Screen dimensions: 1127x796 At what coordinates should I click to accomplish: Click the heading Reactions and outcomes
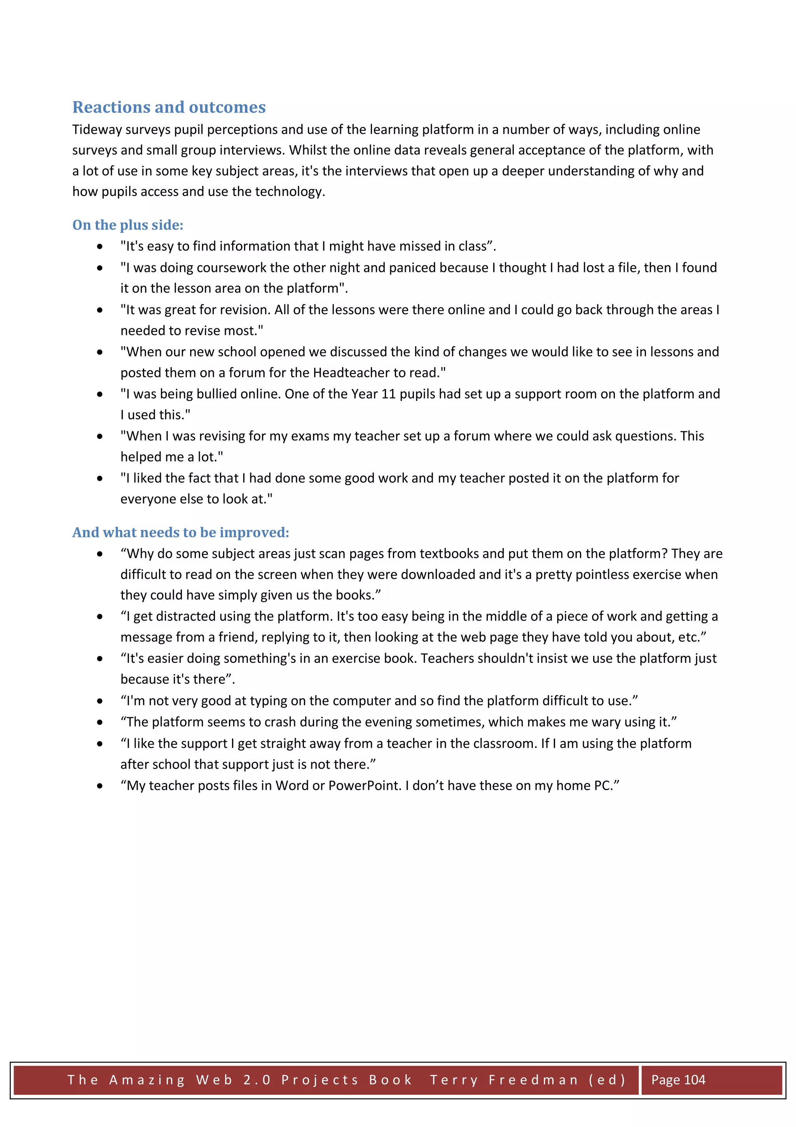pyautogui.click(x=169, y=107)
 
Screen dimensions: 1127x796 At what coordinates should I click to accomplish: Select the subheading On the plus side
pyautogui.click(x=127, y=225)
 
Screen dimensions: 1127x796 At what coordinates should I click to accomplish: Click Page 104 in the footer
pyautogui.click(x=678, y=1080)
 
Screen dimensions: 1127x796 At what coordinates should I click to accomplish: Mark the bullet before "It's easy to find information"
pyautogui.click(x=100, y=246)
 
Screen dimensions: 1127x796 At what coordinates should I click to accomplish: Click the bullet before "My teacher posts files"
pyautogui.click(x=100, y=786)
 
